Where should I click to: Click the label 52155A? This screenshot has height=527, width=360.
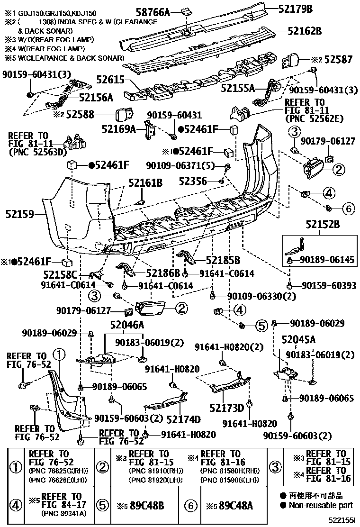(x=238, y=88)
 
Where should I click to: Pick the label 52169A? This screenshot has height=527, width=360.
(x=119, y=128)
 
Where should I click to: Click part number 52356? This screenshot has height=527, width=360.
(x=193, y=181)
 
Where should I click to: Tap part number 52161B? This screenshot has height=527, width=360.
(x=145, y=182)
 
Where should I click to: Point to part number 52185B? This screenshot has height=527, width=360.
(x=223, y=260)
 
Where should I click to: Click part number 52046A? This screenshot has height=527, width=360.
(x=127, y=325)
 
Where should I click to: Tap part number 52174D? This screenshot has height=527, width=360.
(x=184, y=419)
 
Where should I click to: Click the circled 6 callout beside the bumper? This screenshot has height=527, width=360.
(x=348, y=208)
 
